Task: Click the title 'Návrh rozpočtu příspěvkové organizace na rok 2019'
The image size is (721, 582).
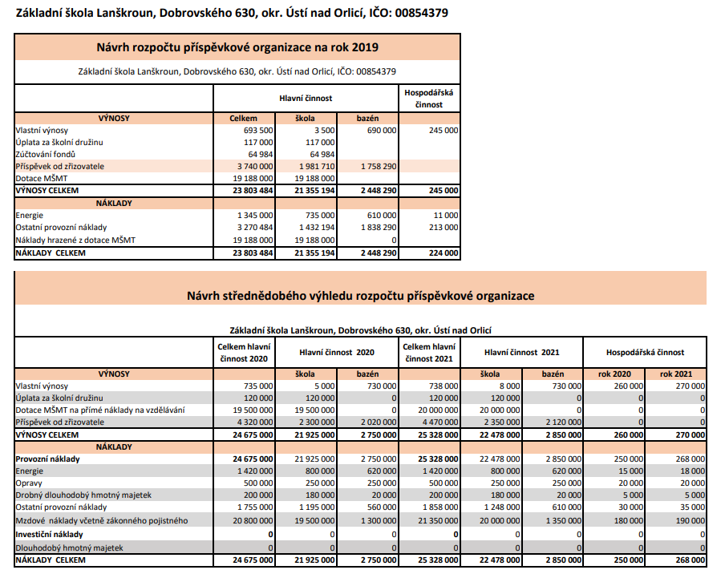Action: [x=237, y=47]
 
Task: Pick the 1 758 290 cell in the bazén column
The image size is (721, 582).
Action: [x=379, y=166]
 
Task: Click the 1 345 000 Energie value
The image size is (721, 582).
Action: [x=255, y=216]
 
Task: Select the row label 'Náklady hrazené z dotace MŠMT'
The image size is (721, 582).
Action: [x=75, y=240]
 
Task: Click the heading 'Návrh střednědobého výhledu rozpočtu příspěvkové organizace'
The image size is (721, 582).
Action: [x=360, y=296]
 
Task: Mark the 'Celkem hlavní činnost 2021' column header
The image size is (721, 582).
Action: [x=428, y=352]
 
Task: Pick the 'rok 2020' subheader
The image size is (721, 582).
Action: [x=615, y=374]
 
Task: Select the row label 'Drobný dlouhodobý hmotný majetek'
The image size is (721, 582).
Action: [x=83, y=495]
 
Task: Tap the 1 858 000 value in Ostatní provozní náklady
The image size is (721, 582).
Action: [x=439, y=507]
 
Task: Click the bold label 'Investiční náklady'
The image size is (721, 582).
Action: [x=49, y=533]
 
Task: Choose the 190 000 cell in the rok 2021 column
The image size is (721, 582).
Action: [x=689, y=520]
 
